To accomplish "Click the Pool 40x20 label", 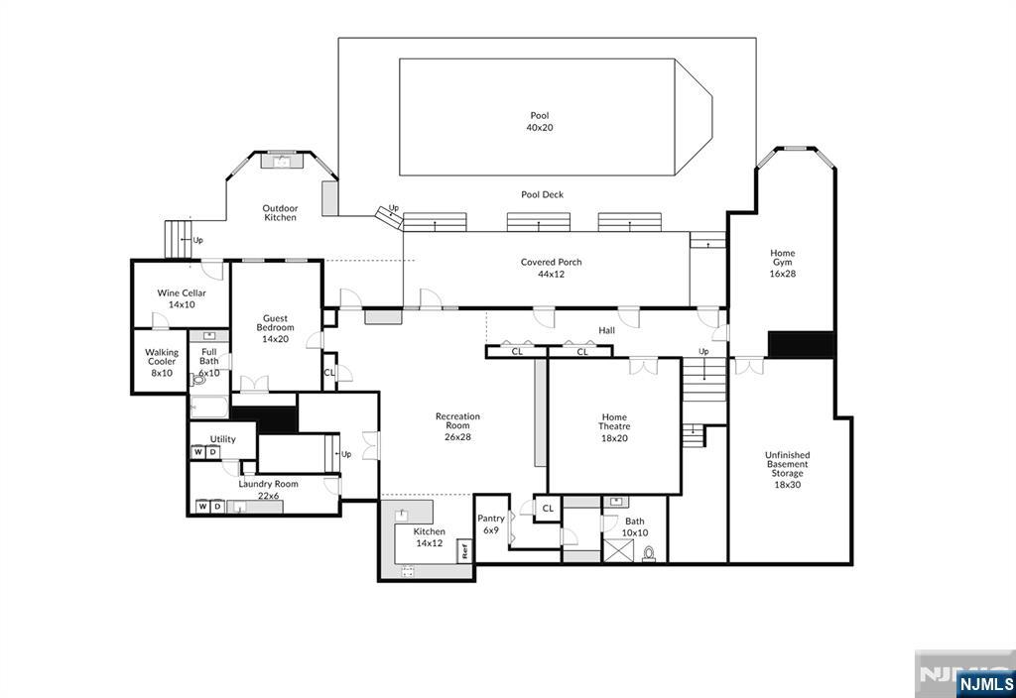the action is tap(539, 122).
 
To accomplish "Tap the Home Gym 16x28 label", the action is tap(782, 263).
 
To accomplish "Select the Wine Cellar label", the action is tap(182, 292).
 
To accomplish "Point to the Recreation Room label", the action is tap(457, 420).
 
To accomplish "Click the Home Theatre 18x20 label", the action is tap(613, 427).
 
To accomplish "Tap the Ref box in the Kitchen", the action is tap(464, 551).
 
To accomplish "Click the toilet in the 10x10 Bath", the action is tap(649, 553).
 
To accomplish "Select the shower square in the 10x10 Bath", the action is tap(618, 550).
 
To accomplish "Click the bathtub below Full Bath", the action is tap(208, 407).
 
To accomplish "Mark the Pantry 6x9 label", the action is tap(490, 523).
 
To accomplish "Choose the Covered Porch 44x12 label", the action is tap(552, 268).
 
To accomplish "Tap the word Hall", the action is tap(606, 330).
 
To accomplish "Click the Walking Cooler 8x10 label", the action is tap(162, 363).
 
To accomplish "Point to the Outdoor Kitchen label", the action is tap(280, 213).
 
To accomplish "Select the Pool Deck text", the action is tap(543, 194).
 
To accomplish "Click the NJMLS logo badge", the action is tap(985, 684).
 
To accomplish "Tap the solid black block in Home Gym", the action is tap(801, 344).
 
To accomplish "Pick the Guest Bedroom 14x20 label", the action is tap(275, 328).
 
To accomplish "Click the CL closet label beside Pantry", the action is tap(548, 509).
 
